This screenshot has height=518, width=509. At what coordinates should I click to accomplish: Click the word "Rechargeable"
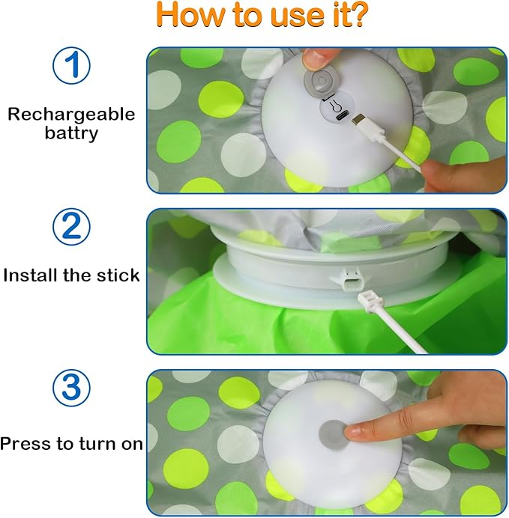coord(71,115)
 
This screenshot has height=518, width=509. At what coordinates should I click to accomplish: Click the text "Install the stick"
coord(71,275)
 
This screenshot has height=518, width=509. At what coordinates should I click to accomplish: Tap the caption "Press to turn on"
coord(71,443)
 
